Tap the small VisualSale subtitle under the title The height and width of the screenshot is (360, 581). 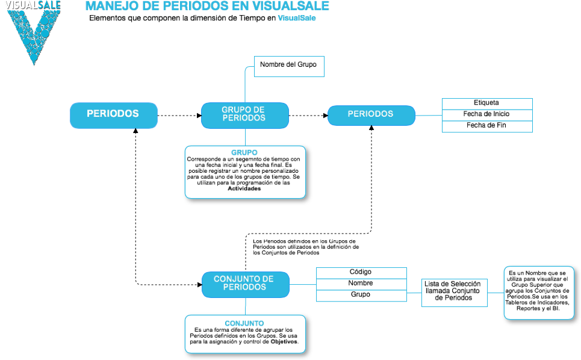pos(297,18)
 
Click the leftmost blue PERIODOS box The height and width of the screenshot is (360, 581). pos(113,114)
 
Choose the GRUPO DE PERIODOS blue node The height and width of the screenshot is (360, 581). pos(244,114)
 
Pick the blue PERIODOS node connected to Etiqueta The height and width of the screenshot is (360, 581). pos(371,114)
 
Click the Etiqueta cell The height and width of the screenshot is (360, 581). pos(487,104)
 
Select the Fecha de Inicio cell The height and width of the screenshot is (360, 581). pos(487,114)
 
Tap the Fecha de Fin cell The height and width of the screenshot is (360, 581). pos(487,126)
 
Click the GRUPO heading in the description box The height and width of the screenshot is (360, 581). pos(244,152)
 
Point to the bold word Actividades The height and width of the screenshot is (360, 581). pos(244,188)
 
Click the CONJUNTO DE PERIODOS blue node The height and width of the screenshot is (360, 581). pos(244,284)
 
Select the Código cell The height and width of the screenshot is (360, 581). pos(361,273)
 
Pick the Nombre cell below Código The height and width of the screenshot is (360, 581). pos(361,284)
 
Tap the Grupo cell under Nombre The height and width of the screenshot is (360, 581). pos(361,295)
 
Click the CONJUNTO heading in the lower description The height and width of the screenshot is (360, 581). pos(244,323)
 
